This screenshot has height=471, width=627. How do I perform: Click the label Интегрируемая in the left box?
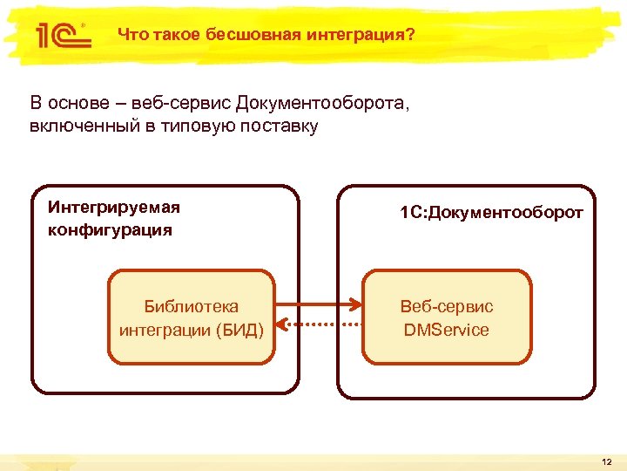click(x=114, y=208)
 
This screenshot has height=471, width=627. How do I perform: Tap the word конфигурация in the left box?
click(x=111, y=230)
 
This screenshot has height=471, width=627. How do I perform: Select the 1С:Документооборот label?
click(x=491, y=212)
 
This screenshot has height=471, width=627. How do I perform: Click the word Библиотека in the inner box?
click(x=192, y=306)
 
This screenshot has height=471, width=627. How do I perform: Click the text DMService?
click(x=447, y=330)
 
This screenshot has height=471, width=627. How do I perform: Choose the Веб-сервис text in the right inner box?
click(x=447, y=306)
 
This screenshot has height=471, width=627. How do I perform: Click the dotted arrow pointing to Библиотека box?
click(x=318, y=324)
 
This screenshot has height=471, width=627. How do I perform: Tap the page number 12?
click(x=606, y=461)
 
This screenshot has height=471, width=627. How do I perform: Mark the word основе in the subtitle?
click(x=78, y=104)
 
